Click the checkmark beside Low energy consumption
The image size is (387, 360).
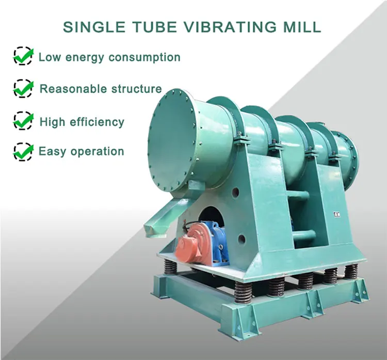pos(23,56)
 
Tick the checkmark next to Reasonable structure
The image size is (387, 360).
pos(23,89)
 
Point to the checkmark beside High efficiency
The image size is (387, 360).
pos(23,121)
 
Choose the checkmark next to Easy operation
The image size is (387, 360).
pos(23,151)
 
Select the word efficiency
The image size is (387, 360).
pos(99,122)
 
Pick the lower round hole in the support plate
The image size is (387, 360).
pos(241,239)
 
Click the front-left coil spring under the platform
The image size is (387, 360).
pos(243,293)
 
